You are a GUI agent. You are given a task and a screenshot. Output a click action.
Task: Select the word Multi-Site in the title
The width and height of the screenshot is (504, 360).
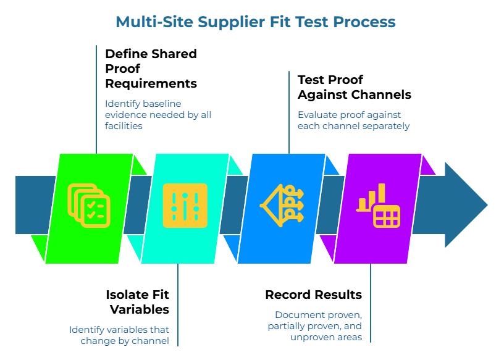tap(154, 22)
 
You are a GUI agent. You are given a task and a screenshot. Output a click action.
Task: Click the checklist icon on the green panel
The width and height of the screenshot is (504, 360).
tap(89, 205)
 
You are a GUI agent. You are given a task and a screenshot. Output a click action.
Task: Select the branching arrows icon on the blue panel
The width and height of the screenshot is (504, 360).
tap(282, 204)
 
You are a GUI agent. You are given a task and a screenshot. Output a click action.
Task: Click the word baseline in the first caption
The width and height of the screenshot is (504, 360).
tap(162, 104)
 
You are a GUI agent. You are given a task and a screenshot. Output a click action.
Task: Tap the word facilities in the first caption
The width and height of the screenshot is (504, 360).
tap(124, 125)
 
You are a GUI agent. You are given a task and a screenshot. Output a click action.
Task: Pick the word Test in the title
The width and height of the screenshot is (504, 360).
tap(311, 22)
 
